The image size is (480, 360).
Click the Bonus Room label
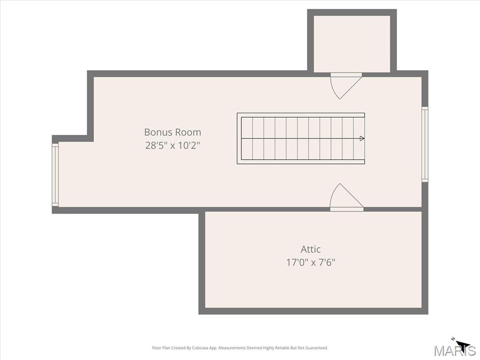[172, 132]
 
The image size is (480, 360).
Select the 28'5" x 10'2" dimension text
[172, 145]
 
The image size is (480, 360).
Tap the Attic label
[311, 249]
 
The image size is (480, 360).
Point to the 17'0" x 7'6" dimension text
[311, 262]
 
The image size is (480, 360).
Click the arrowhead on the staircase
[362, 138]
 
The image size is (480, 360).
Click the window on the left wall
[55, 175]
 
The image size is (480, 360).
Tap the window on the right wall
[425, 144]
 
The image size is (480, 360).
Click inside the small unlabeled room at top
[352, 44]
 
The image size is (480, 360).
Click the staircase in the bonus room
[300, 138]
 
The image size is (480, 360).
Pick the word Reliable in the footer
[282, 348]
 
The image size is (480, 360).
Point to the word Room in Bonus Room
[188, 132]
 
